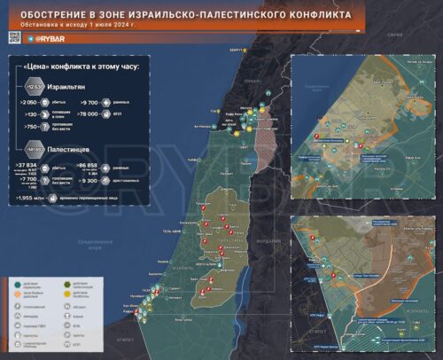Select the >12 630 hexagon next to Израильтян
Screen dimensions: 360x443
point(35,87)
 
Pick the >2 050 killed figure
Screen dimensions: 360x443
point(29,103)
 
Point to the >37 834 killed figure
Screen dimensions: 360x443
point(29,165)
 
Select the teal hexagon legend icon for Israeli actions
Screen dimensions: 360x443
point(21,282)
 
